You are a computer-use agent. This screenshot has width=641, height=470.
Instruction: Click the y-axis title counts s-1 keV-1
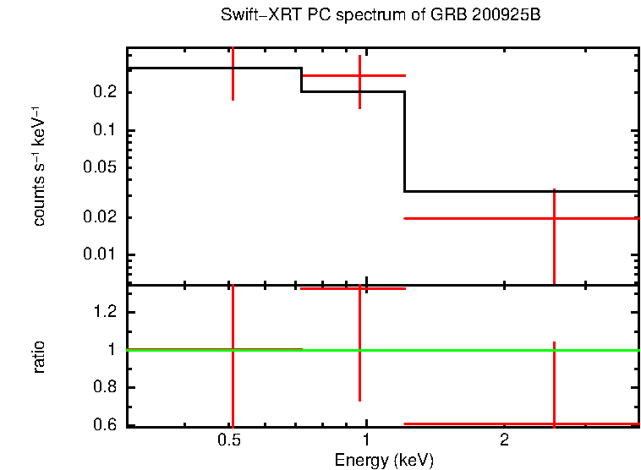click(39, 166)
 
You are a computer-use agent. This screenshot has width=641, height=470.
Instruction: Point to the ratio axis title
click(39, 357)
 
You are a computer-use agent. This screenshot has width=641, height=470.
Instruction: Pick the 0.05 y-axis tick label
click(99, 168)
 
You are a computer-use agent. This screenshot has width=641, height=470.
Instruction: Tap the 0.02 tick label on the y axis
click(99, 218)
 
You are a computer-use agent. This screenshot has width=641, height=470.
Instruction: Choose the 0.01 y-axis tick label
click(99, 255)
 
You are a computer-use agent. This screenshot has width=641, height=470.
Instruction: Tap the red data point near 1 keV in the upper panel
click(360, 76)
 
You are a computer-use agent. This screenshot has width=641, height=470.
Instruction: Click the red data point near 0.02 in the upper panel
click(554, 218)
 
